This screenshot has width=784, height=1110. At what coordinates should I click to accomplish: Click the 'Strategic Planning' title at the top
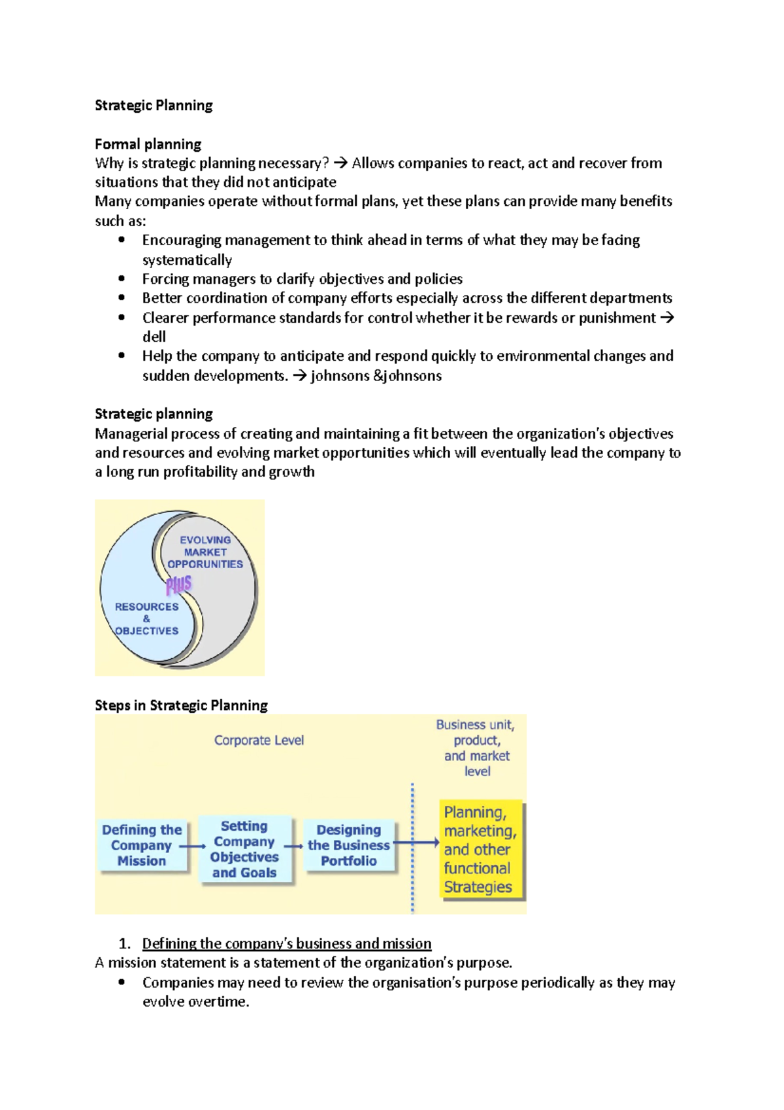click(x=154, y=105)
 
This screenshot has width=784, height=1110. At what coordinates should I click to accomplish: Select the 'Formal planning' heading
click(x=148, y=144)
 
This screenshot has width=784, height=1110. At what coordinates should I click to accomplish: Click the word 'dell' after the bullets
click(x=154, y=337)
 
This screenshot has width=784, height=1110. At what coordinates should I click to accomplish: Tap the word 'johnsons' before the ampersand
click(x=339, y=376)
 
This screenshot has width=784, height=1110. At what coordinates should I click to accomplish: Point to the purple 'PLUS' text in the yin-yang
click(x=178, y=584)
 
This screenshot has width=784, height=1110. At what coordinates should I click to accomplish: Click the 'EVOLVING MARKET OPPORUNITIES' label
click(x=205, y=552)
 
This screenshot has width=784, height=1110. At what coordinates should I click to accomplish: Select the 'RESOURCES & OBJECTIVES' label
click(x=146, y=618)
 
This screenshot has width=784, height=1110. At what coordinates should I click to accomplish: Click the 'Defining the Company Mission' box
click(x=142, y=845)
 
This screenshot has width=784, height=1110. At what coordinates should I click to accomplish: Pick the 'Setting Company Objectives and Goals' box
click(x=244, y=849)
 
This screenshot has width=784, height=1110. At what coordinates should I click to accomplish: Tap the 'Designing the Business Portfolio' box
click(x=349, y=845)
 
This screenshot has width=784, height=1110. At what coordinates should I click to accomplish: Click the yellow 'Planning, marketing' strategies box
click(x=480, y=849)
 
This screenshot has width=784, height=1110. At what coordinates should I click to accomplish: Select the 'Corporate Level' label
click(x=259, y=740)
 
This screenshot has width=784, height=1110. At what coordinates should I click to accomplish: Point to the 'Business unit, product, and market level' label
click(x=476, y=748)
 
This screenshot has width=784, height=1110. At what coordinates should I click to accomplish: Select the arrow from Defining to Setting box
click(x=193, y=847)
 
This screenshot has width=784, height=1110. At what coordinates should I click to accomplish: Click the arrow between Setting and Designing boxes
click(x=294, y=847)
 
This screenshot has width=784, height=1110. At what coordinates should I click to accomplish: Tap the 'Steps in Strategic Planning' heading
click(x=181, y=705)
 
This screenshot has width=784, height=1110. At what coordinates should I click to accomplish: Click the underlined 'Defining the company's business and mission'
click(x=287, y=943)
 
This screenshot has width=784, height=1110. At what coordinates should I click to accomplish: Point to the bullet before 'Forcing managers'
click(x=122, y=278)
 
